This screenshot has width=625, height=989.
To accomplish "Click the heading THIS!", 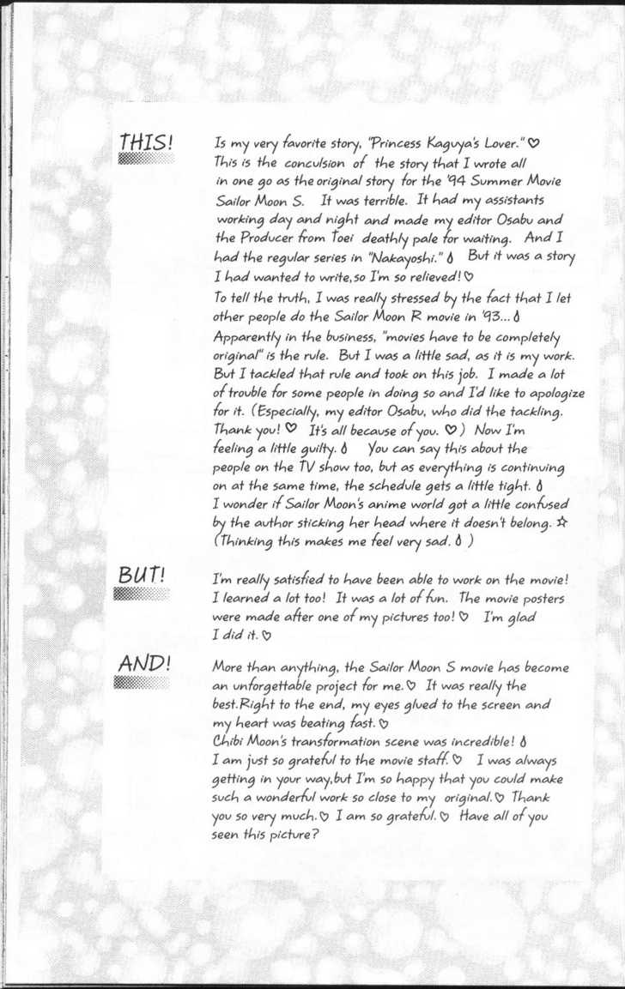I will pyautogui.click(x=146, y=142).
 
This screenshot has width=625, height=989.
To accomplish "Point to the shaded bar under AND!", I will pyautogui.click(x=135, y=682).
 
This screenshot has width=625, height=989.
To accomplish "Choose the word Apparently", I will pyautogui.click(x=250, y=335).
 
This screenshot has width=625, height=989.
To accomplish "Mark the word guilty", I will pyautogui.click(x=314, y=449).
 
